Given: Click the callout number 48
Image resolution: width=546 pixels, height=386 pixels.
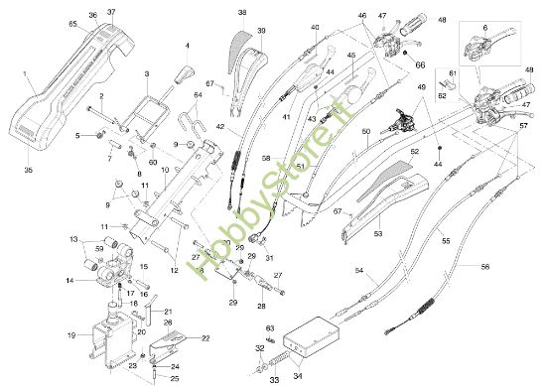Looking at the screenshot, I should pyautogui.click(x=442, y=19).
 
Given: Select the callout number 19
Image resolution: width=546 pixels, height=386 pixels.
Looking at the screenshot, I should pyautogui.click(x=70, y=335).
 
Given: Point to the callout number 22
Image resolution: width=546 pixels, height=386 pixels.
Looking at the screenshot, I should pyautogui.click(x=205, y=338).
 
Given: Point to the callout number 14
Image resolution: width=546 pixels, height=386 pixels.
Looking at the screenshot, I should pyautogui.click(x=69, y=280).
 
